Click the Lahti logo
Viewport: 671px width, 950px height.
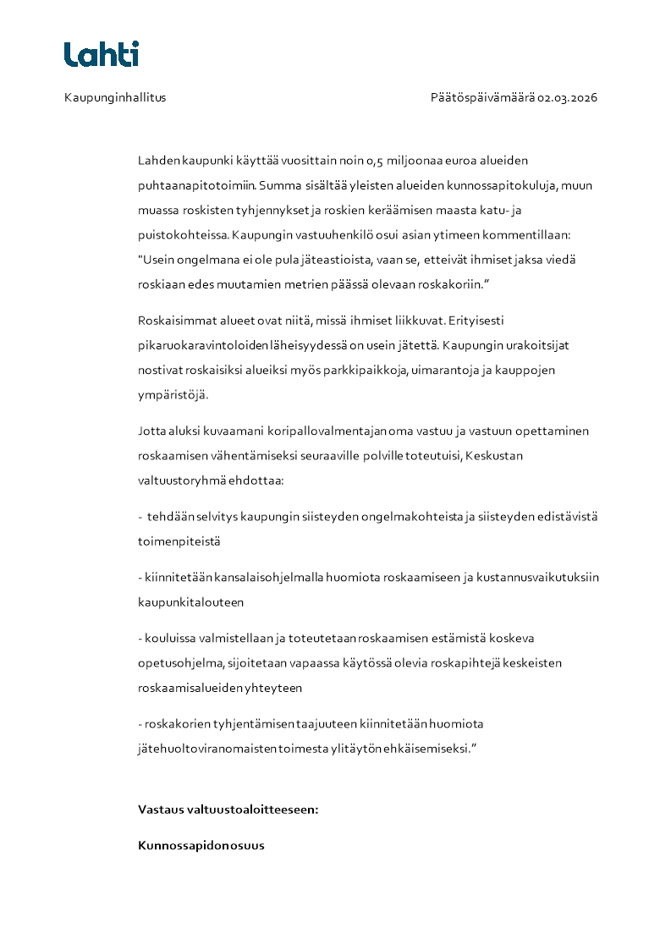pyautogui.click(x=101, y=54)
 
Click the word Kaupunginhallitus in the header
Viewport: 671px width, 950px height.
pyautogui.click(x=115, y=97)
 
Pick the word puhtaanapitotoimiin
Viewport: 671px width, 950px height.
pyautogui.click(x=198, y=184)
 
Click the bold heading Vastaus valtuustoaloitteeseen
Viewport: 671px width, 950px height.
pyautogui.click(x=228, y=810)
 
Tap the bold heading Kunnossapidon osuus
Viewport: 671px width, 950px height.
pyautogui.click(x=201, y=845)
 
